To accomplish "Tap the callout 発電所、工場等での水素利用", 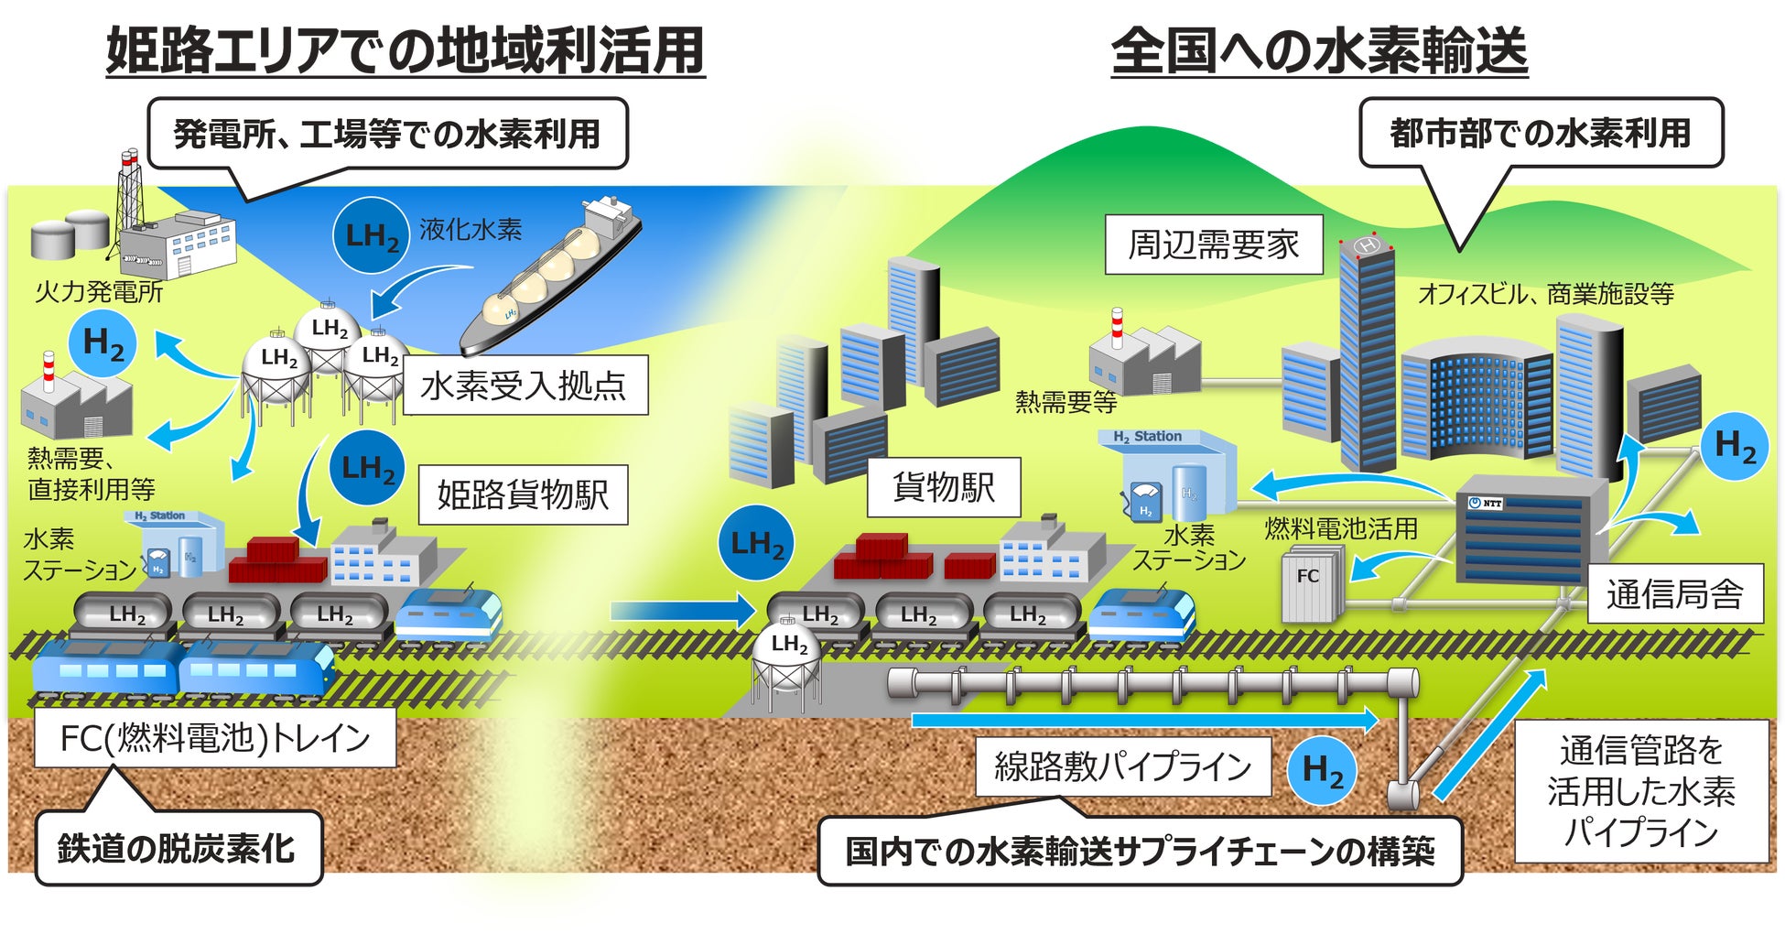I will [387, 134].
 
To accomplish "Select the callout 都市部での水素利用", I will [1541, 133].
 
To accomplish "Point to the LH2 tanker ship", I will [549, 275].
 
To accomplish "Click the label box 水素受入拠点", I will [523, 386].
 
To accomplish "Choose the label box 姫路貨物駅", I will [523, 495].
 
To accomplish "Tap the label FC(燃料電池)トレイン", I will [215, 738].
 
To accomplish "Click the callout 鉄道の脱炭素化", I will [178, 848].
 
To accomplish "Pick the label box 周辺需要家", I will [1214, 244].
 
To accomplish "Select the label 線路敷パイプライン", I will [1122, 766].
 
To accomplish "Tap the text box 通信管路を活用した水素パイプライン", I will [1641, 791].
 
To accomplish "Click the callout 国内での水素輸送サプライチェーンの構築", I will [1140, 852].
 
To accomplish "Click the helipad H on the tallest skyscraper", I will [1368, 245].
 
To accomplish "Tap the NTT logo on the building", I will [1486, 503].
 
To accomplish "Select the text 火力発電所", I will [99, 292].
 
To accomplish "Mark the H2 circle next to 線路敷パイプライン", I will [1323, 771].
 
